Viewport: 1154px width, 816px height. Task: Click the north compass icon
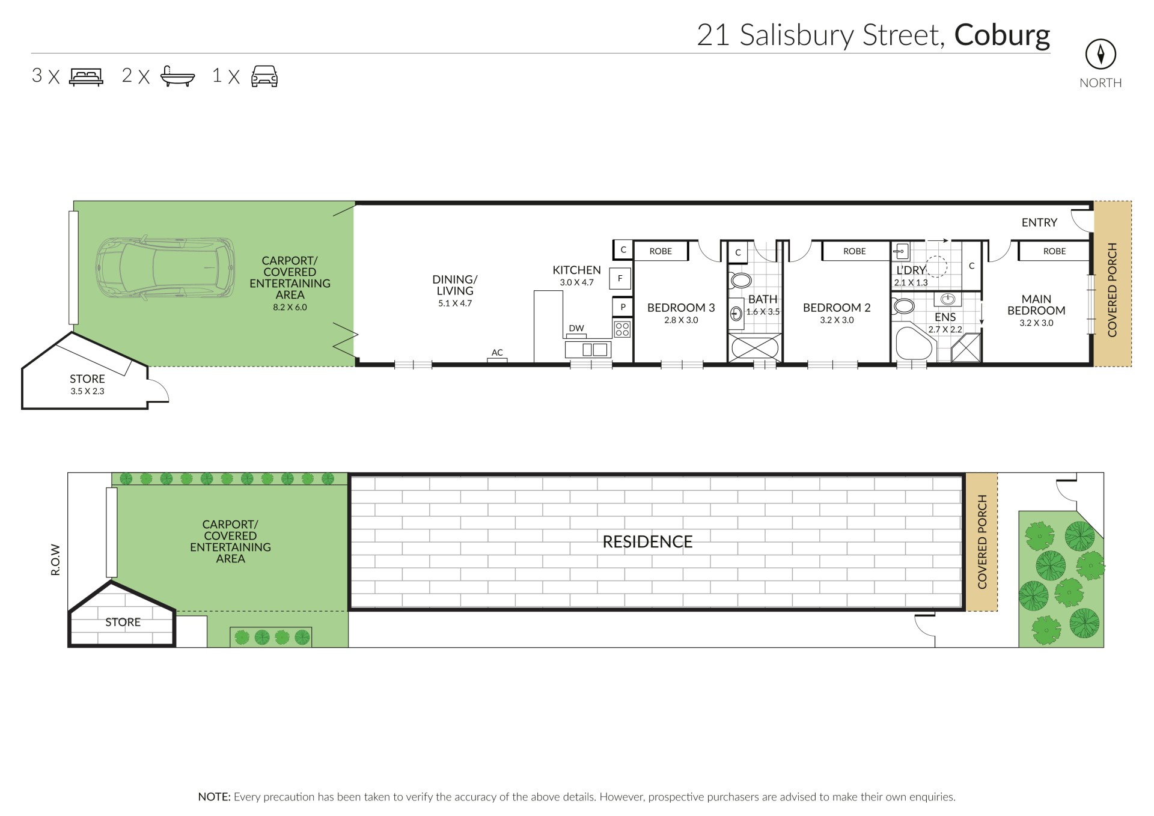(x=1100, y=55)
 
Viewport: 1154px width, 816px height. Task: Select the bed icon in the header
(x=87, y=76)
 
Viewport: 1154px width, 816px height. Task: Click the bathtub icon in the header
(x=177, y=76)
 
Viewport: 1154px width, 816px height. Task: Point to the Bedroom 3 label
(x=681, y=308)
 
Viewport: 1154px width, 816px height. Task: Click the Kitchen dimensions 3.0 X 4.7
(x=576, y=282)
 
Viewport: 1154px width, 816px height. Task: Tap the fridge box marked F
(x=620, y=279)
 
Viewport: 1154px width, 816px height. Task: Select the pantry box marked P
(x=623, y=307)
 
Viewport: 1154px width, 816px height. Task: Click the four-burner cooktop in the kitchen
(x=622, y=329)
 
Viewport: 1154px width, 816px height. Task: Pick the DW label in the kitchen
(x=576, y=328)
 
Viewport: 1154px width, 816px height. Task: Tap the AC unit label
(x=497, y=353)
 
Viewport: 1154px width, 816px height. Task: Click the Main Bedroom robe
(x=1054, y=251)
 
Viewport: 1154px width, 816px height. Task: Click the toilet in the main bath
(x=740, y=281)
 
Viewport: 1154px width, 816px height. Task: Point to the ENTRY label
(x=1039, y=223)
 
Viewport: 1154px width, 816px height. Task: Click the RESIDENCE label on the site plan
(x=647, y=542)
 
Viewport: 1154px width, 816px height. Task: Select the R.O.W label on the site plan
(x=56, y=560)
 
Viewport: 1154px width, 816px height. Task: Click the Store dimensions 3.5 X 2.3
(x=87, y=391)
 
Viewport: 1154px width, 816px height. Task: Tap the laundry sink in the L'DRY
(x=901, y=251)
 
